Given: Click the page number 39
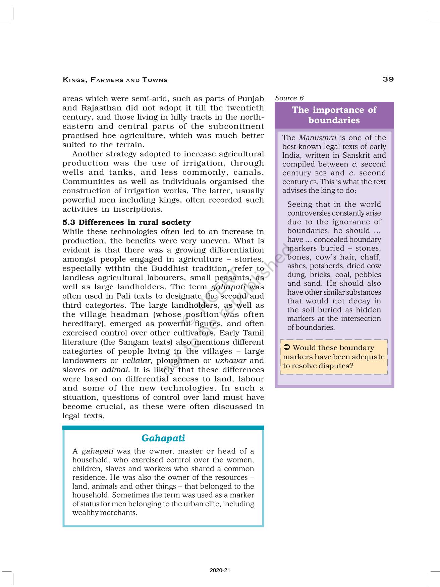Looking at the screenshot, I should coord(388,79).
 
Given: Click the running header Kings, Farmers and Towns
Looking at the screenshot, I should coord(115,80).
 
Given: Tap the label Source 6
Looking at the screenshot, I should coord(289,98).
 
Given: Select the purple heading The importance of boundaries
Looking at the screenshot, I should coord(334,115).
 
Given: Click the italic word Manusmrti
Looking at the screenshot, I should coord(318,138).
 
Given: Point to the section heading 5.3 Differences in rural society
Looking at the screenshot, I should coord(126,222).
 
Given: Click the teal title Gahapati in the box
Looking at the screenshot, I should coord(163,438).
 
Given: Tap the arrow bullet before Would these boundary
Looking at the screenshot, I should coord(287,348).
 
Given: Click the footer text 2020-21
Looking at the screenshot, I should coord(220,570).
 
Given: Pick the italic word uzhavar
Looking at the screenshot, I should coord(230,361).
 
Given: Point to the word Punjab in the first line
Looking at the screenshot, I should coord(251,99).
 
